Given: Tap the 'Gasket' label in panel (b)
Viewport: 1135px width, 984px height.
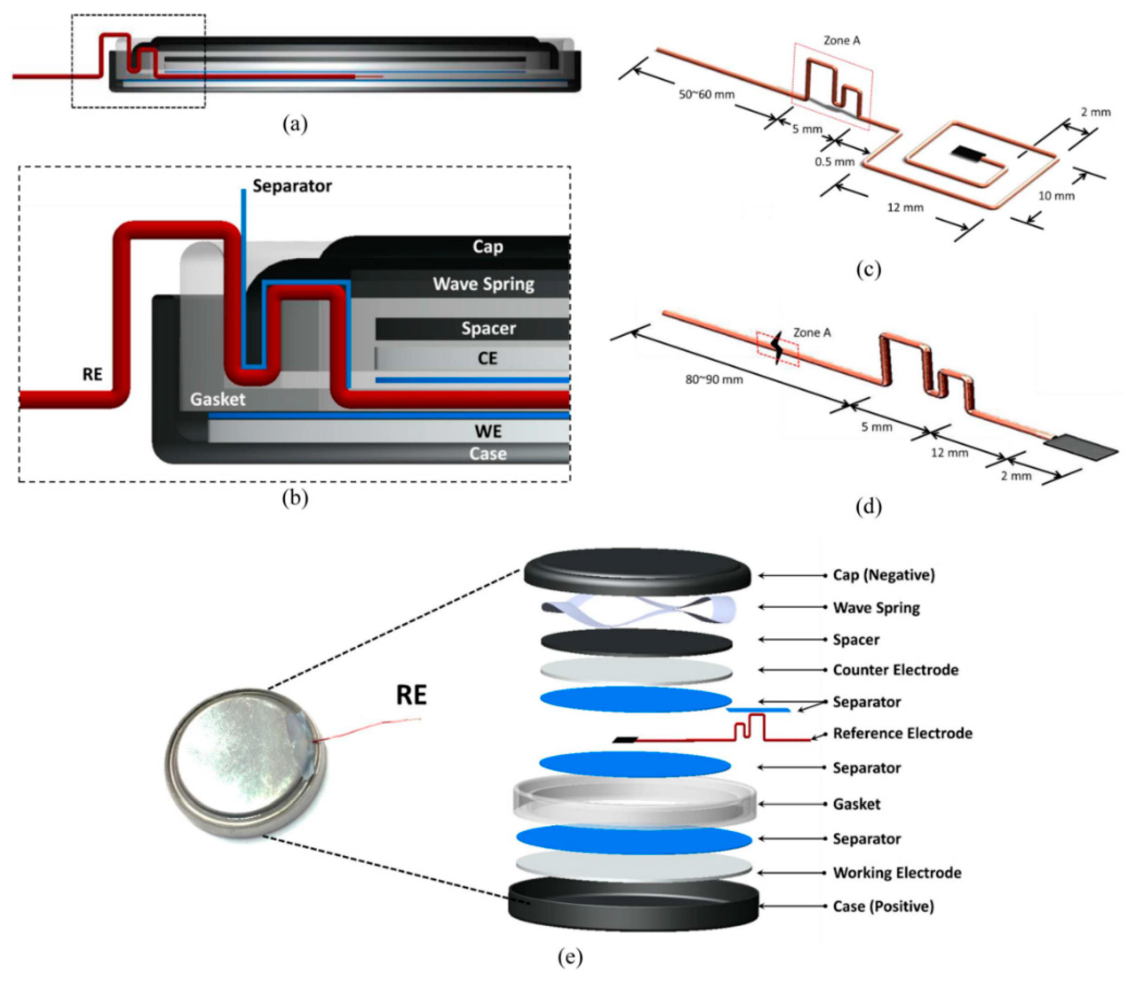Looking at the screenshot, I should tap(218, 399).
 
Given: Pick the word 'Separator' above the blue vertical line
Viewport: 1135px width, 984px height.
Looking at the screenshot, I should tap(292, 186).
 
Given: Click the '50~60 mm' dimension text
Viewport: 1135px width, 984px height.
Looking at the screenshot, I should tap(706, 95).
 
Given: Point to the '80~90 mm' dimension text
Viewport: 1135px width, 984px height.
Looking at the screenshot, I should tap(714, 379).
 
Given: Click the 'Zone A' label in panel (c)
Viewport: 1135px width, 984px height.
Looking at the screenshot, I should tap(841, 41).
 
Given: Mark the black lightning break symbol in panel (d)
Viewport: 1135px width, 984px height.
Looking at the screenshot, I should tap(777, 349).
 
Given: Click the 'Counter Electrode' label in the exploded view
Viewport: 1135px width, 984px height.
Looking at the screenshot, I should tap(895, 670).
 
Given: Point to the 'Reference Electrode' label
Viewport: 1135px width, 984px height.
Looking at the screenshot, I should tap(902, 733).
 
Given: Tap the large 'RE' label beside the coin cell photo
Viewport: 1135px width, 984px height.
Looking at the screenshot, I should tap(411, 696).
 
